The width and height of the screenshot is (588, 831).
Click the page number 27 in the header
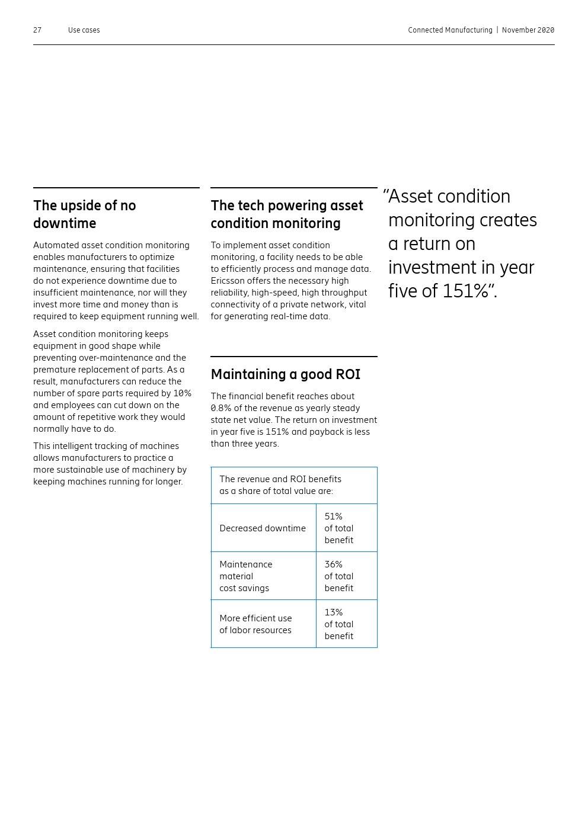(37, 30)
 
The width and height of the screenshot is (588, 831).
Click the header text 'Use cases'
(84, 30)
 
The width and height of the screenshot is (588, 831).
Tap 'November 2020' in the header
(528, 30)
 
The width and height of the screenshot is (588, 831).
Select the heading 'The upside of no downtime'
(85, 214)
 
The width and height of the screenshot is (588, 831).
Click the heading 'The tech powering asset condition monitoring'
(286, 214)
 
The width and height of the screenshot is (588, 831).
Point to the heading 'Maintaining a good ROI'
(285, 374)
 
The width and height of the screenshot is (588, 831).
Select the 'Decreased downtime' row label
(263, 528)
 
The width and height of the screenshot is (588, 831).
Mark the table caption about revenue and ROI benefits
(280, 485)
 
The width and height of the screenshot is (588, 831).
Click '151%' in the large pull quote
(466, 291)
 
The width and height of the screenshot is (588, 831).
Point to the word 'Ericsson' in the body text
(228, 281)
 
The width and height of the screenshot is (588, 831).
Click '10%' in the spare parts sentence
(182, 393)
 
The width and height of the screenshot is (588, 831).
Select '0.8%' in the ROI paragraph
(221, 408)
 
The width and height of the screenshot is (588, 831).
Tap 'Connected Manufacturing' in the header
(450, 30)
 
